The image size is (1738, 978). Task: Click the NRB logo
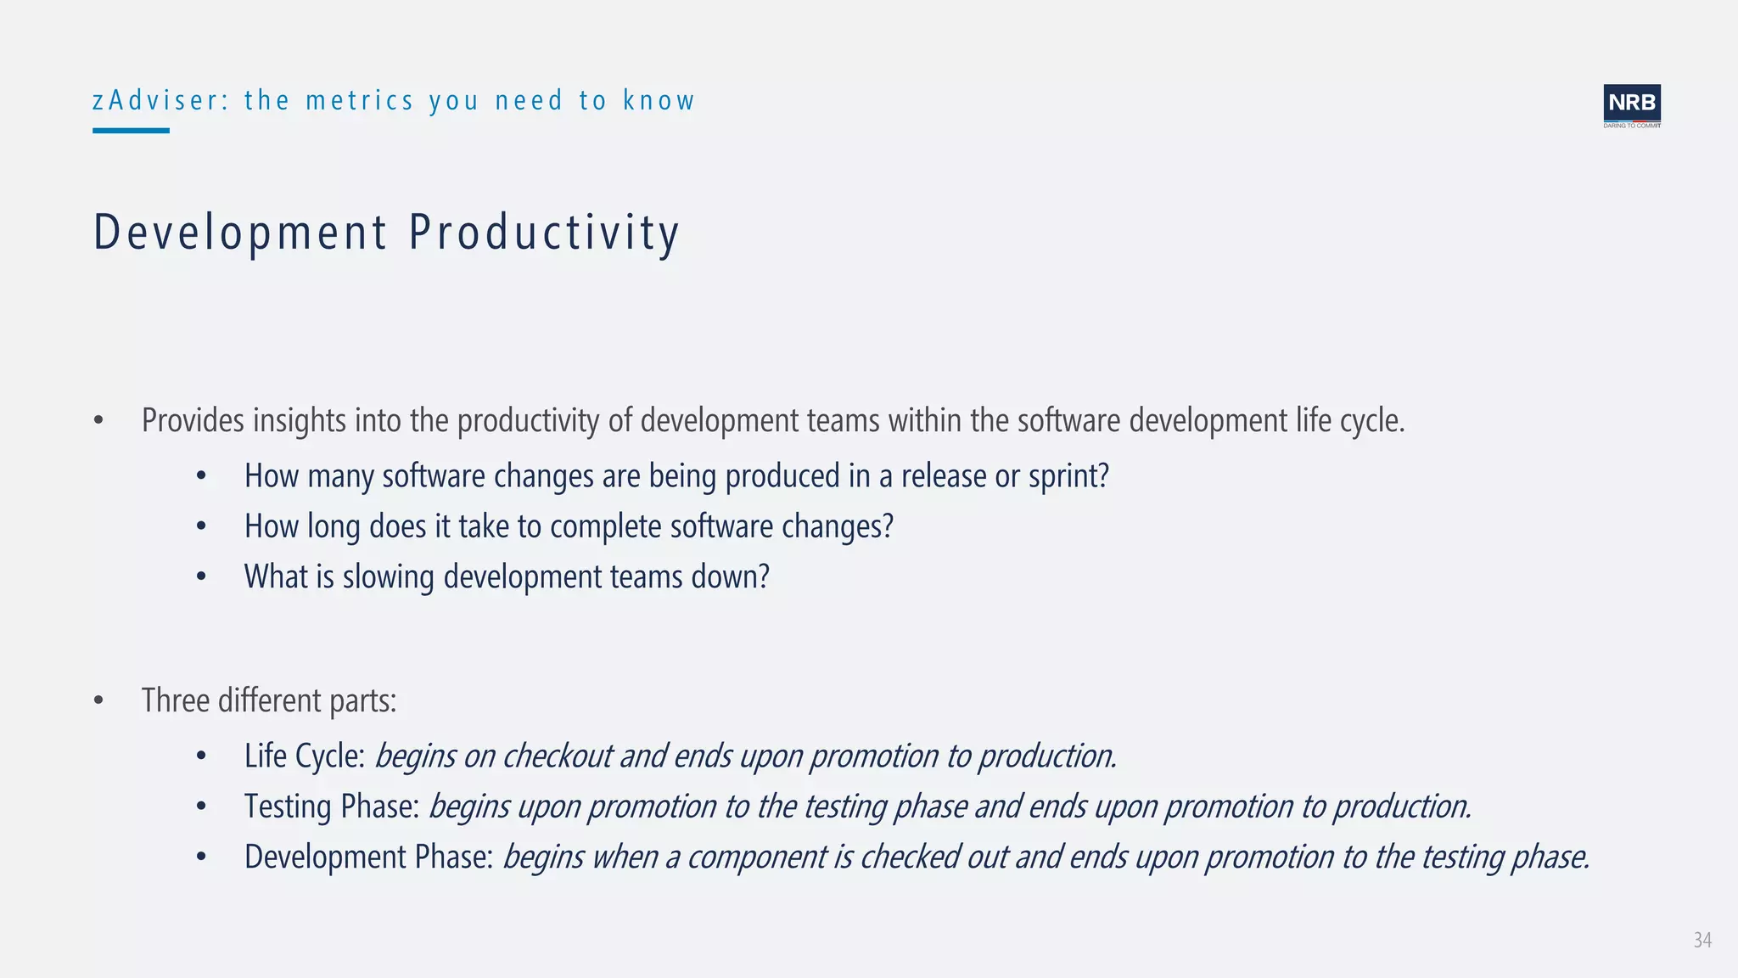1631,105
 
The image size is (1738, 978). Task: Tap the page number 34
1702,940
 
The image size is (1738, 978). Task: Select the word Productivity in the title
544,233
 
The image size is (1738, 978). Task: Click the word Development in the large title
240,233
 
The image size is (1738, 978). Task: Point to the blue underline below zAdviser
131,131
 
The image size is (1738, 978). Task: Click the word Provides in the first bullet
193,420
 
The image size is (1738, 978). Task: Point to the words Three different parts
269,700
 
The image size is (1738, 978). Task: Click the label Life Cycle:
304,756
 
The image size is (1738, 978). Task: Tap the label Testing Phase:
332,806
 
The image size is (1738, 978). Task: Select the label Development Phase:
368,857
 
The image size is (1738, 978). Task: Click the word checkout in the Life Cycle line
557,756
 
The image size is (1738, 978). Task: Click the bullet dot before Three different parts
98,701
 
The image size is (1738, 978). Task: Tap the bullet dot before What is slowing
201,577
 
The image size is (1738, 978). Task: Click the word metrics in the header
360,100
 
